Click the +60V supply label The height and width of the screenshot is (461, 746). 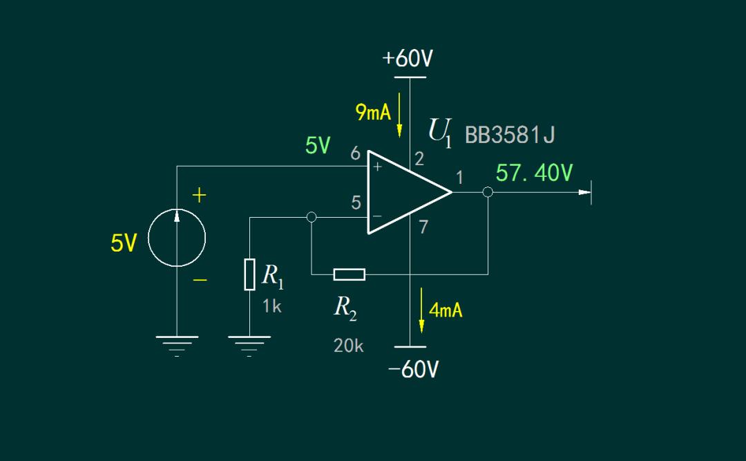(408, 59)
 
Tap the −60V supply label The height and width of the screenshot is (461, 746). (413, 370)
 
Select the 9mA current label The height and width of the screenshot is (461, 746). (373, 112)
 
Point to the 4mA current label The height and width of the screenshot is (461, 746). (446, 310)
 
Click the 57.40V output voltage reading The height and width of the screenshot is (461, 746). (534, 173)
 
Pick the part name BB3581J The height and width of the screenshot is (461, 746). (510, 135)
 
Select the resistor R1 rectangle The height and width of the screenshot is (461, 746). (250, 274)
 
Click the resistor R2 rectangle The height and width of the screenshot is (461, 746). (349, 274)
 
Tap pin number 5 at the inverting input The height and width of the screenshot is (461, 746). (356, 203)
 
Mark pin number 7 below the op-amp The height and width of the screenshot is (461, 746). (423, 227)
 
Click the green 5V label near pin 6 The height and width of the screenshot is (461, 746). (318, 146)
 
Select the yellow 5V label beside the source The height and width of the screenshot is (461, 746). (124, 243)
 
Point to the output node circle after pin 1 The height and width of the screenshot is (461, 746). (488, 192)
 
